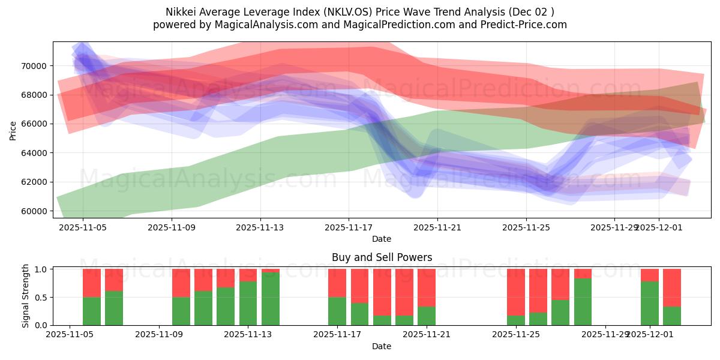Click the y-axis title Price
(13, 130)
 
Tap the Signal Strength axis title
(25, 296)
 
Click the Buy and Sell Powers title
(382, 257)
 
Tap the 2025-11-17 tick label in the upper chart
(349, 227)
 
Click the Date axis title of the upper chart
(382, 239)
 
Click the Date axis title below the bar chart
(382, 346)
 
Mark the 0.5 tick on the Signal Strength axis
(41, 298)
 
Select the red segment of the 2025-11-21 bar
(427, 287)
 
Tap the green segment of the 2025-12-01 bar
(650, 303)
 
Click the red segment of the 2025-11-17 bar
(337, 283)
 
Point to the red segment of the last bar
(672, 287)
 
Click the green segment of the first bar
(92, 311)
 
